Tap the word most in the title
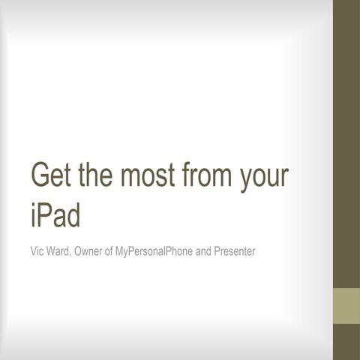[151, 176]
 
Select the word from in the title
[209, 176]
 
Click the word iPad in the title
[55, 215]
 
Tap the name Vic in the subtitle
[37, 250]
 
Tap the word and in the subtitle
[203, 250]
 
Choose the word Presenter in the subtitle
[235, 250]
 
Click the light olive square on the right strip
[346, 304]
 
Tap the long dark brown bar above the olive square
[346, 142]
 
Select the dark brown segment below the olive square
[346, 342]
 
